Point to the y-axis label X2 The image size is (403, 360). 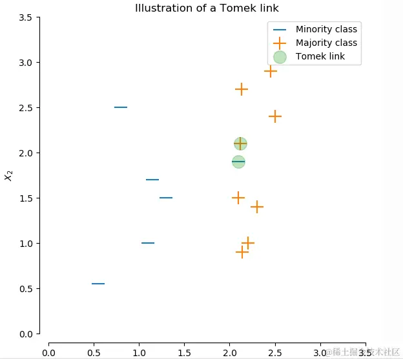[9, 175]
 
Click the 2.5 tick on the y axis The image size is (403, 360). [25, 107]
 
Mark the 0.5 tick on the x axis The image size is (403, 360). [94, 352]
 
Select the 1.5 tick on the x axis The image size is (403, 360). [185, 352]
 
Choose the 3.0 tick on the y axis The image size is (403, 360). [25, 62]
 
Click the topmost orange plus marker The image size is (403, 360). [271, 71]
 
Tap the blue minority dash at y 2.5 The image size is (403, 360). [121, 107]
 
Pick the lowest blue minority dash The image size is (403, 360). [98, 284]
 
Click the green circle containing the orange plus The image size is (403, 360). [240, 143]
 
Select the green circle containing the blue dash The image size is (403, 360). [238, 162]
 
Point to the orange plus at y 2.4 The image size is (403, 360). [275, 116]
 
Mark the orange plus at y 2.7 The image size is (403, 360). [242, 89]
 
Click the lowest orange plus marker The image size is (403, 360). [242, 252]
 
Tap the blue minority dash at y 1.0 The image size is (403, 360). [148, 243]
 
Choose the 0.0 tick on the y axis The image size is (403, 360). [25, 334]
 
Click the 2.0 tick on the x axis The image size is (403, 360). [230, 352]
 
